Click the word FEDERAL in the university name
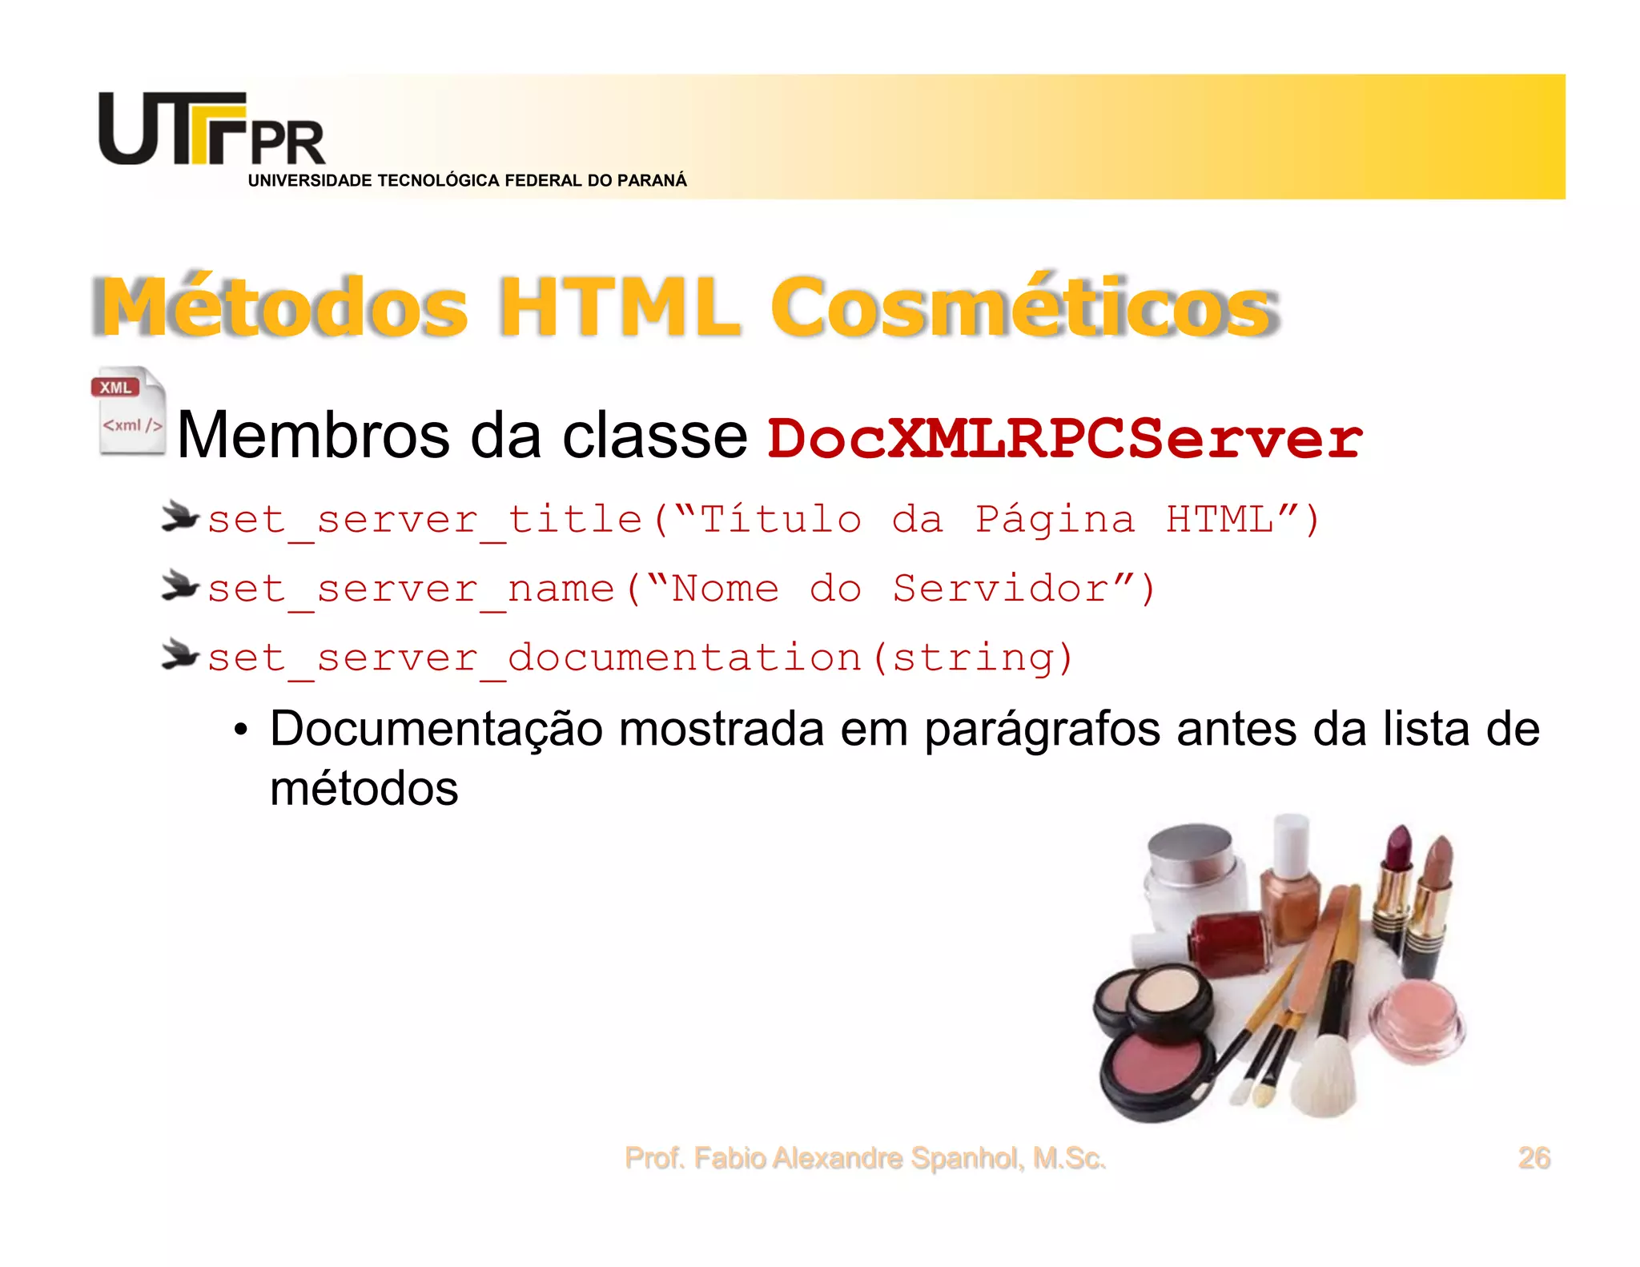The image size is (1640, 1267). pos(543,181)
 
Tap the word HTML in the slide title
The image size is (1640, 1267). pos(619,308)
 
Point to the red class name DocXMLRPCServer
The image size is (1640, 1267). pos(1064,439)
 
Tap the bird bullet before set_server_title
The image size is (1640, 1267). pos(179,517)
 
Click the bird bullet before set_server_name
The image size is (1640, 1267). pos(179,586)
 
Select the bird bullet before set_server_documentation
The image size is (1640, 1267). pos(179,655)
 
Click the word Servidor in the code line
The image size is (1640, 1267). pos(1000,589)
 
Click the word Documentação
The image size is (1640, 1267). pos(436,730)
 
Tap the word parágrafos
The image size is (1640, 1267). pos(1042,730)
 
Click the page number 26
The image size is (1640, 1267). pos(1533,1158)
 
